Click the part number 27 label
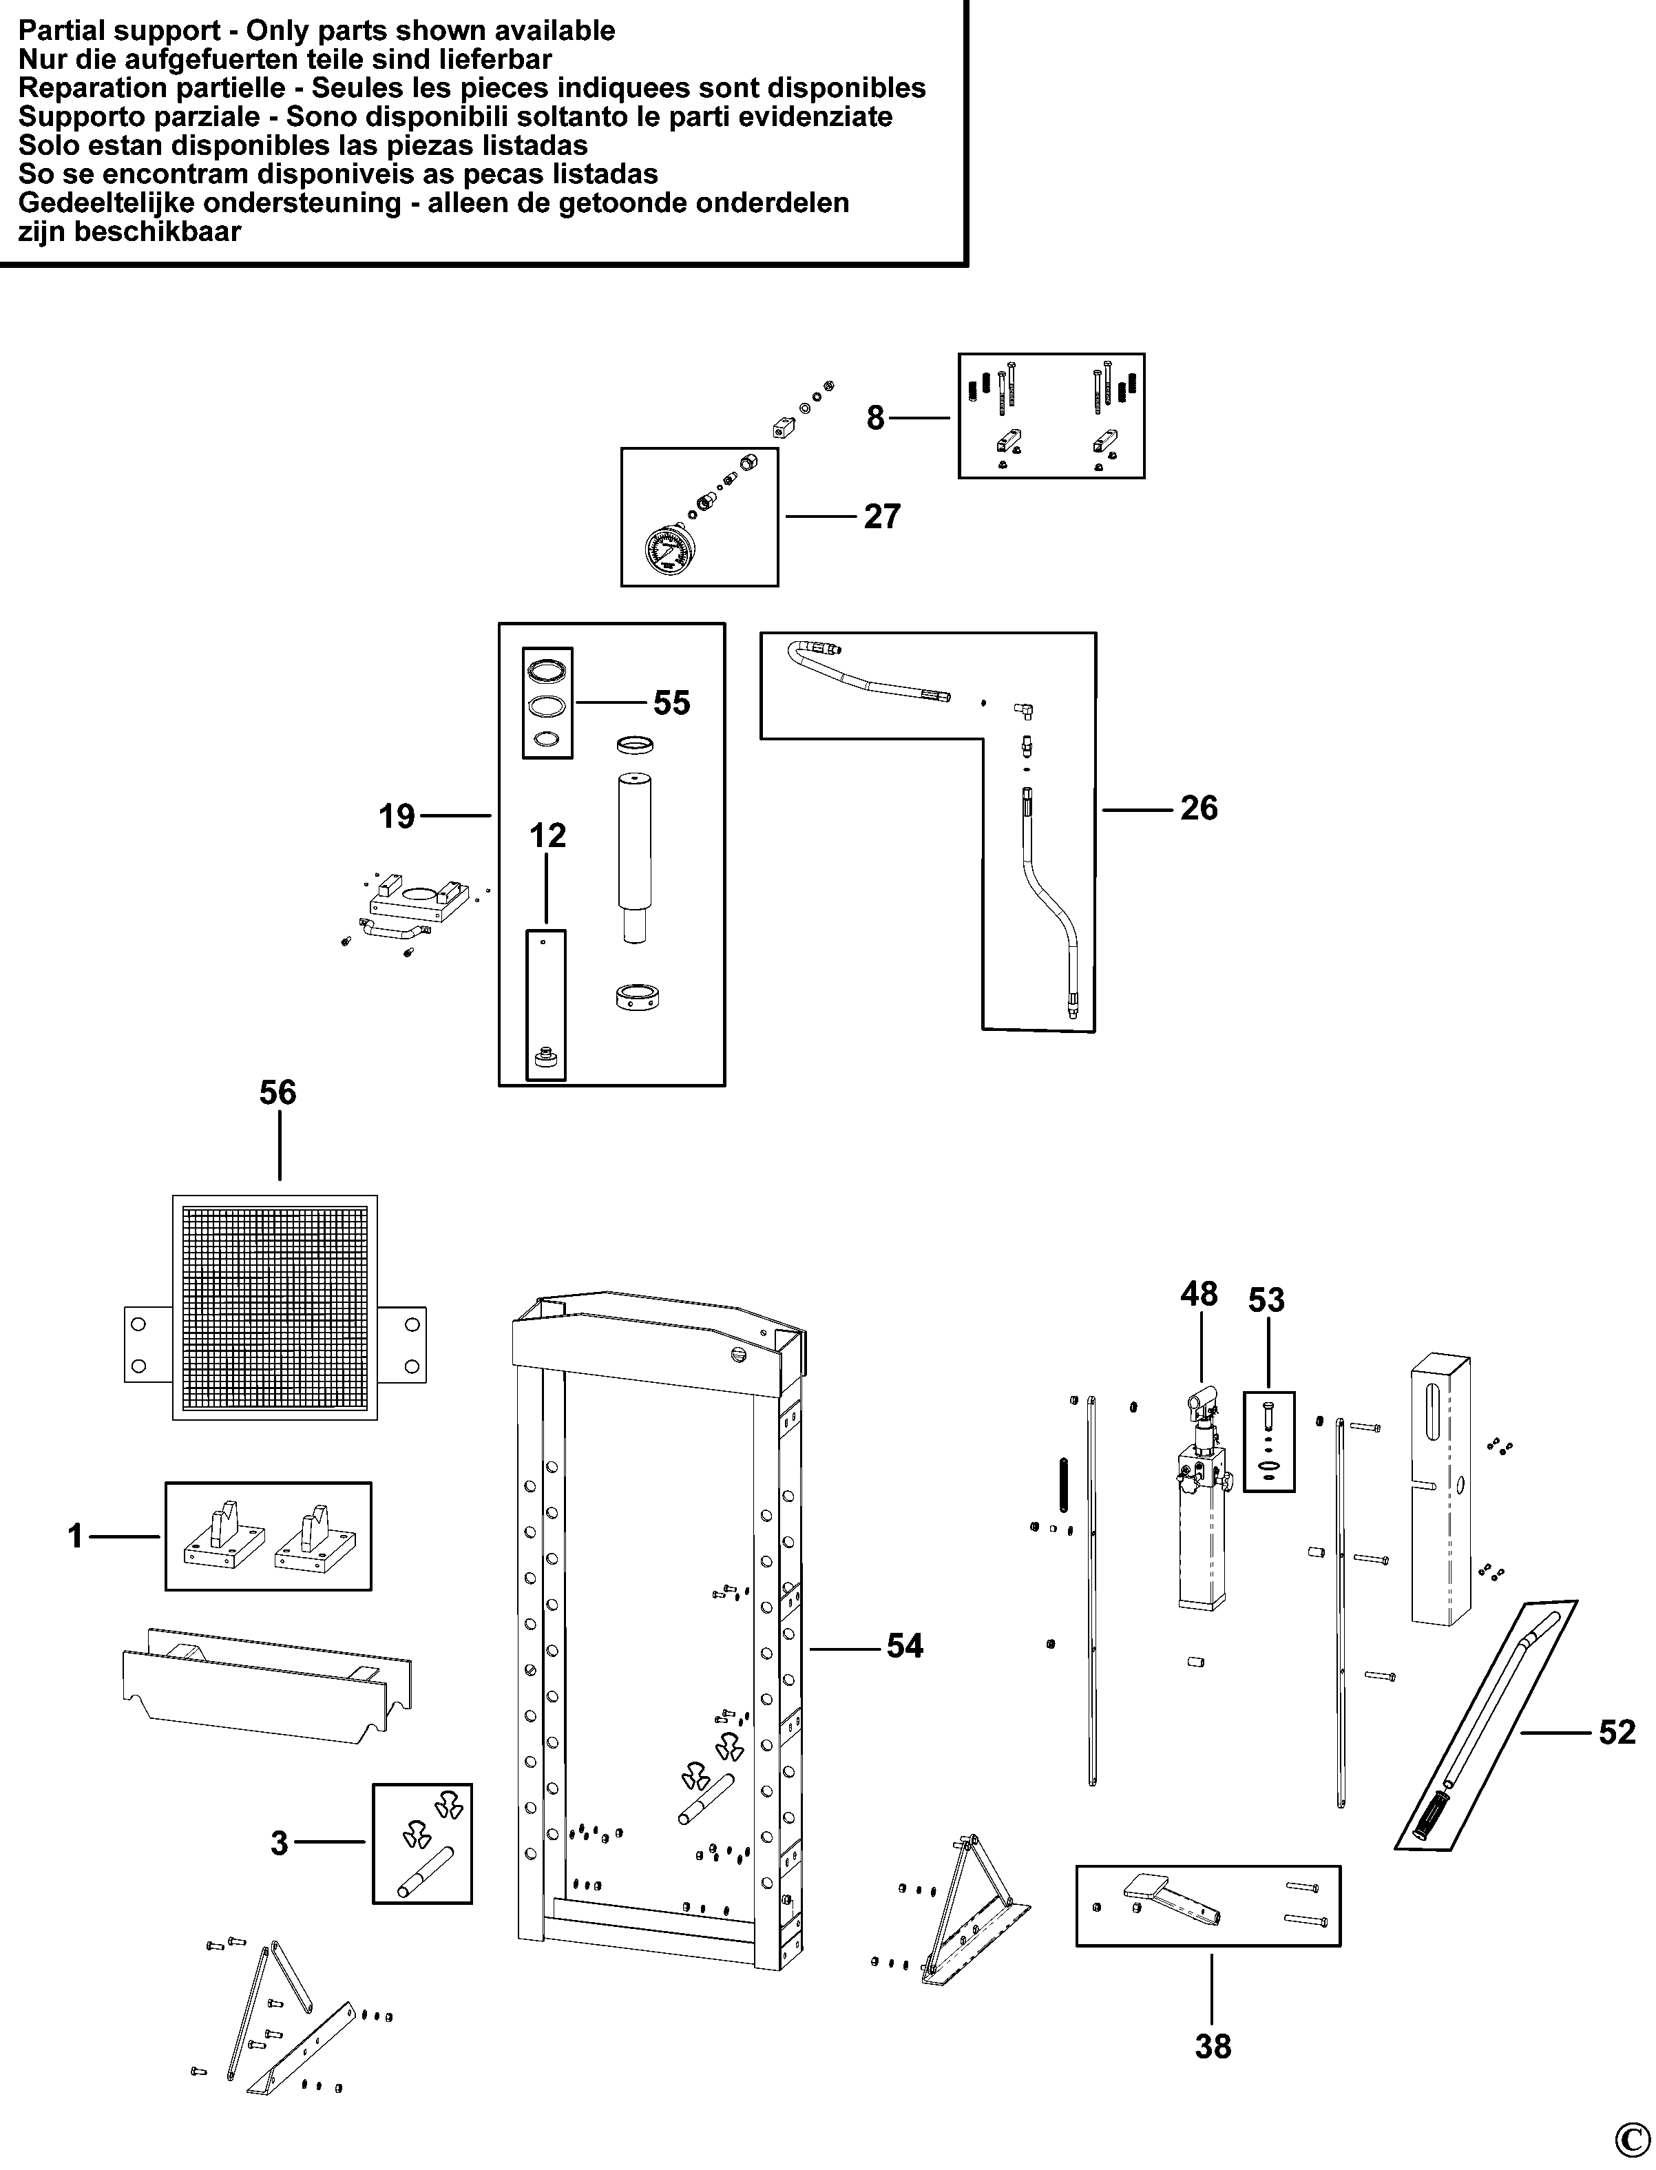(x=881, y=517)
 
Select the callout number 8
(x=875, y=418)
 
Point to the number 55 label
(x=671, y=703)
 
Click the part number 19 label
(x=397, y=816)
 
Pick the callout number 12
(x=548, y=836)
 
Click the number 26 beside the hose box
(x=1199, y=808)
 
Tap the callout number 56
(x=278, y=1092)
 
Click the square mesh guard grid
(x=275, y=1307)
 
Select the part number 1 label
(x=75, y=1536)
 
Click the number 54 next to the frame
(x=905, y=1647)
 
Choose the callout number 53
(x=1267, y=1300)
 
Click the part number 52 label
(x=1617, y=1732)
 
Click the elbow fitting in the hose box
(x=1024, y=709)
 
